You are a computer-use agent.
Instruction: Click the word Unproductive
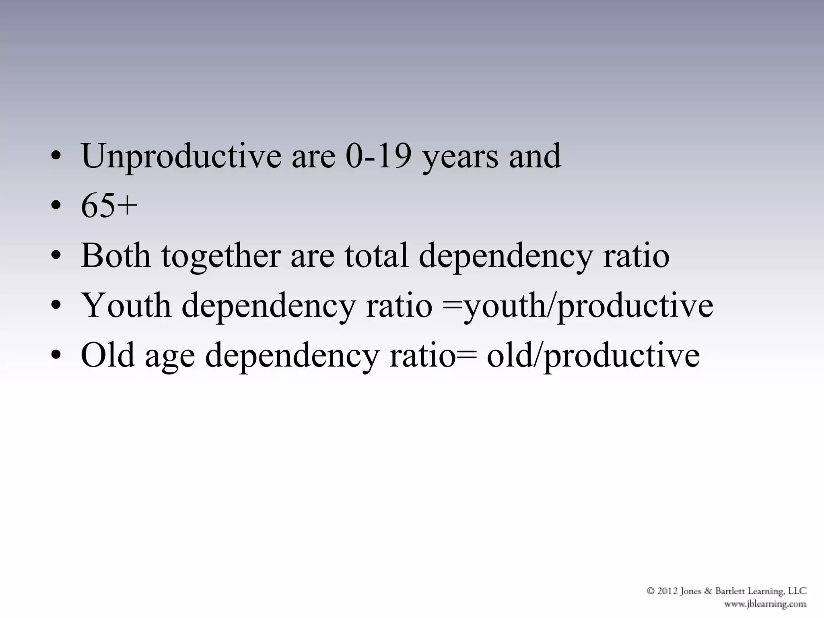click(x=181, y=157)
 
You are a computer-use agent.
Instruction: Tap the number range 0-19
click(x=379, y=157)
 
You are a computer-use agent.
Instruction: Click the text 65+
click(x=109, y=206)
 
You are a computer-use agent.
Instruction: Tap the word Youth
click(x=126, y=305)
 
